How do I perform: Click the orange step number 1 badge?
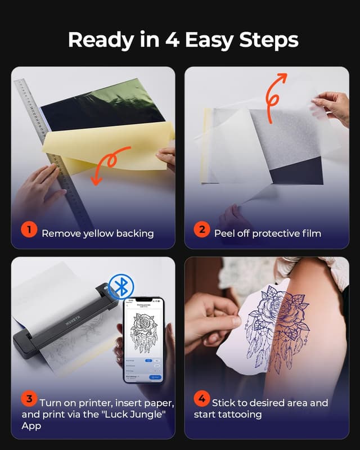29,230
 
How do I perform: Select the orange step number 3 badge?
29,399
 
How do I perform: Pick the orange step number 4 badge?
201,399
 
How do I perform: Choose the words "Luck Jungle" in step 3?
124,415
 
